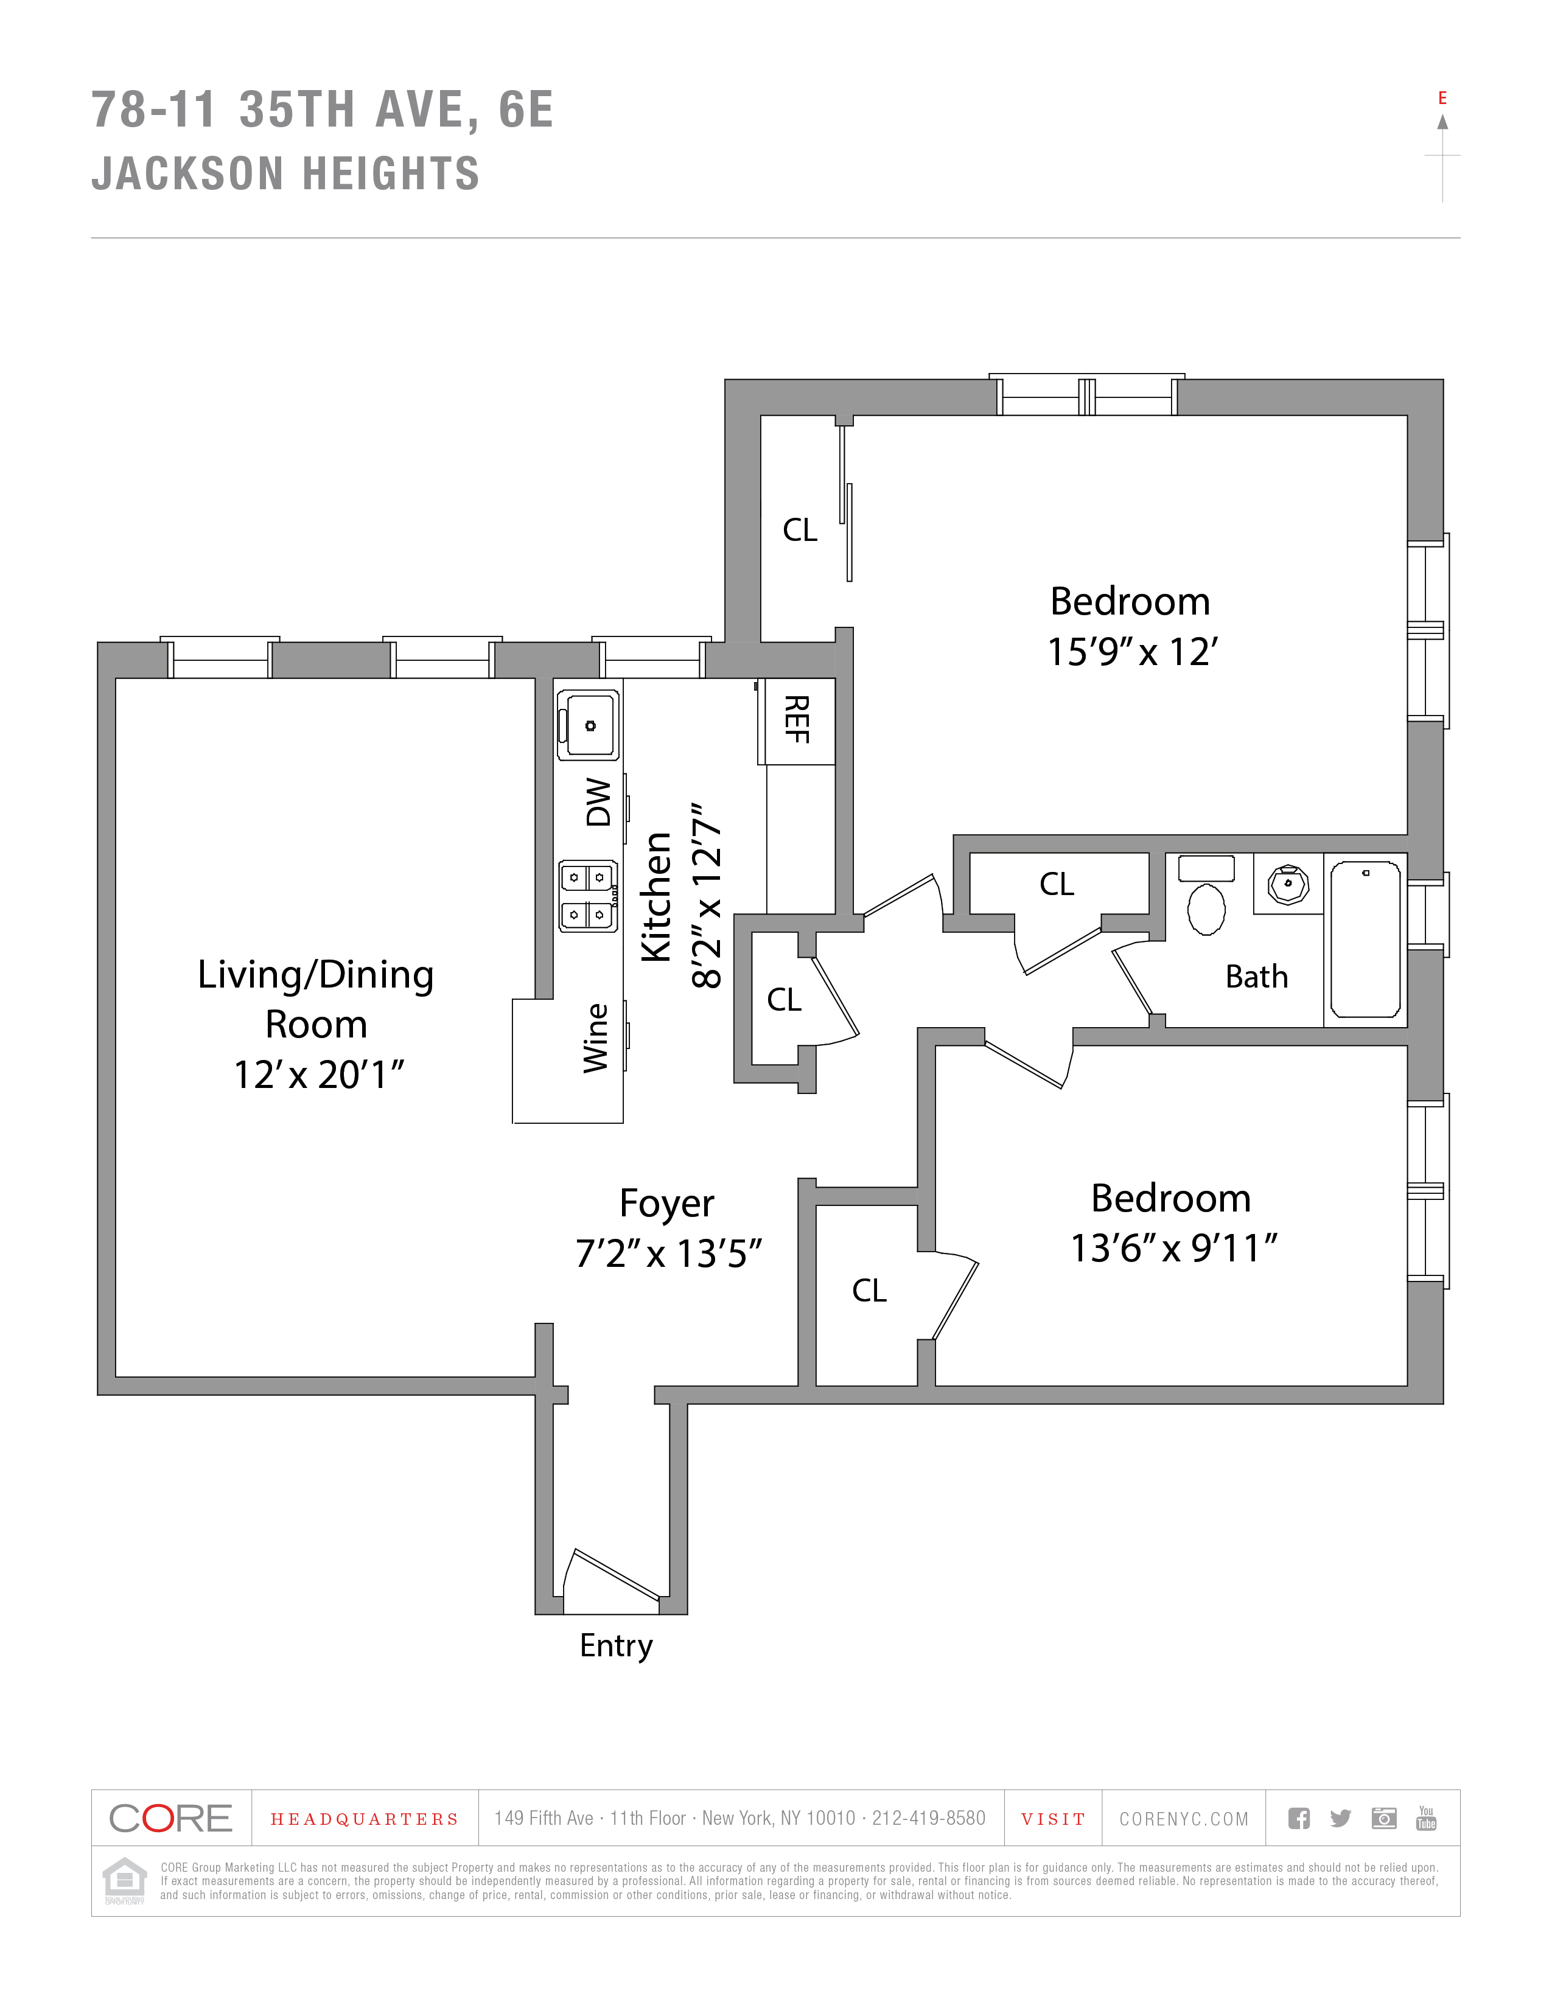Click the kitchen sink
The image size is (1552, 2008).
click(589, 725)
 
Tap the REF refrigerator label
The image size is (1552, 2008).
click(796, 719)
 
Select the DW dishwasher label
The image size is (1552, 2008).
click(598, 803)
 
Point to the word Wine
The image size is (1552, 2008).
click(596, 1038)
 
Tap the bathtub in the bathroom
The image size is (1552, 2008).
click(1365, 939)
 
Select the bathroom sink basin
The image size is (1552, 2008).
click(1287, 885)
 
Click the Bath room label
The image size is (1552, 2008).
click(1256, 977)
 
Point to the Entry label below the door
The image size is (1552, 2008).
click(616, 1645)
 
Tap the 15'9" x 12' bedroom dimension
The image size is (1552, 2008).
click(1132, 652)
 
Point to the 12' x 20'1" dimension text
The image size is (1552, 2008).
click(318, 1075)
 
